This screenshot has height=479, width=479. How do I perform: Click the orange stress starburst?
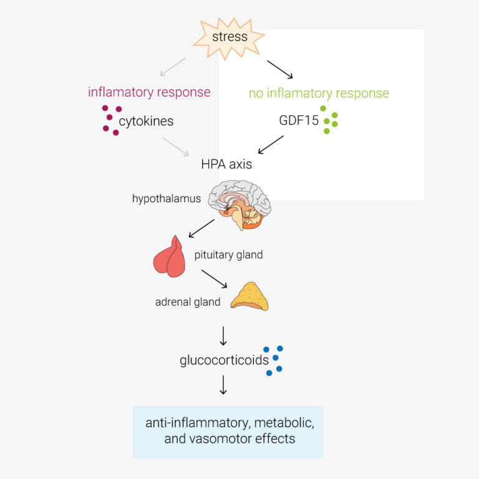pyautogui.click(x=229, y=38)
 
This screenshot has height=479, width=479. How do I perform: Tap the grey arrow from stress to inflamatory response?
pyautogui.click(x=173, y=67)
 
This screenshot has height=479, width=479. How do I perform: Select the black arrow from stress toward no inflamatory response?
pyautogui.click(x=280, y=70)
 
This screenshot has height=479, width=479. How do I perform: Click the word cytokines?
pyautogui.click(x=146, y=122)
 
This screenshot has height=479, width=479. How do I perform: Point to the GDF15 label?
pyautogui.click(x=299, y=120)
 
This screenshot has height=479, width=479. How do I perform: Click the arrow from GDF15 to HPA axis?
pyautogui.click(x=271, y=145)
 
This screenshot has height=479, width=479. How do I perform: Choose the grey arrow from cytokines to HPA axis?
pyautogui.click(x=176, y=147)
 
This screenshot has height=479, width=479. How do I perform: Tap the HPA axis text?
pyautogui.click(x=226, y=165)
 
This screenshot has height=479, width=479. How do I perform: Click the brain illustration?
pyautogui.click(x=239, y=205)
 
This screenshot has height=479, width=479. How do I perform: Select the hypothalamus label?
pyautogui.click(x=167, y=198)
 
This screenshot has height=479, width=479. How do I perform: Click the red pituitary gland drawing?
pyautogui.click(x=170, y=256)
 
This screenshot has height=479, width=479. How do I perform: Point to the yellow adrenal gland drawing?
pyautogui.click(x=249, y=296)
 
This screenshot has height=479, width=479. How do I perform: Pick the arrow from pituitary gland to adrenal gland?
pyautogui.click(x=214, y=279)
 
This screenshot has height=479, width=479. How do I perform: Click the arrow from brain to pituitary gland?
pyautogui.click(x=201, y=228)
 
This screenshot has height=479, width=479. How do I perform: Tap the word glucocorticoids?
pyautogui.click(x=225, y=360)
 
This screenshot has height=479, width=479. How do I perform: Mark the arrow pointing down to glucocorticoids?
pyautogui.click(x=223, y=336)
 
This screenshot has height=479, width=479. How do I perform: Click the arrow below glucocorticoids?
pyautogui.click(x=223, y=385)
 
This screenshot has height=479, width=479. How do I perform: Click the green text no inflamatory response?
pyautogui.click(x=319, y=94)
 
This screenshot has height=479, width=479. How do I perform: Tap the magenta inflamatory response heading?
pyautogui.click(x=150, y=92)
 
